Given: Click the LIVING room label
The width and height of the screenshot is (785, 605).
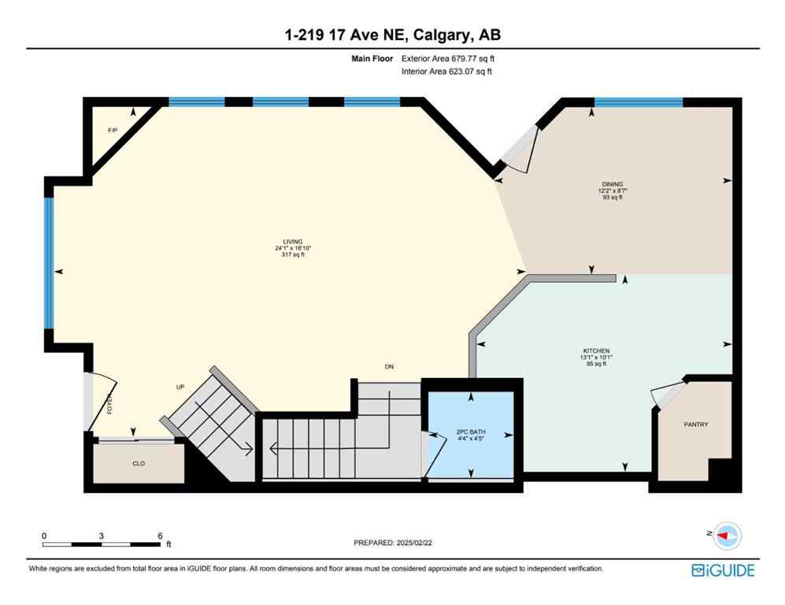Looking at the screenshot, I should pos(293,242).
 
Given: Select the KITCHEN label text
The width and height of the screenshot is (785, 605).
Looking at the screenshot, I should pos(596,351).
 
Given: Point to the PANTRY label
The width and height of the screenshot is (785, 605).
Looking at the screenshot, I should pos(695,425).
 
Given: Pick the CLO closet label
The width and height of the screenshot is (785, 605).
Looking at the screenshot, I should pos(139,464).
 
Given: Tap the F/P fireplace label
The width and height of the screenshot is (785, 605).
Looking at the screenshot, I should pos(113,130).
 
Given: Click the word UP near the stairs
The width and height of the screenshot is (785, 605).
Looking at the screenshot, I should pos(180,388).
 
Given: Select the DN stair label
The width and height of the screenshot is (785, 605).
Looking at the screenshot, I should pos(388,367).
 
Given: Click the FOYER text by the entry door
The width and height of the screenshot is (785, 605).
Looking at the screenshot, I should pos(110,404).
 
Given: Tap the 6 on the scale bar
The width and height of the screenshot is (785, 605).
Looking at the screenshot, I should pos(160,536).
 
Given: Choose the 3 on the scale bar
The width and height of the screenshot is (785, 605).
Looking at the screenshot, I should pos(102,536).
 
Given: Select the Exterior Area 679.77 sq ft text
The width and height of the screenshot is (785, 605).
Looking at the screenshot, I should pos(448,58).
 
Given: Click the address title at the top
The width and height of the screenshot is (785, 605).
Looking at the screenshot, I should pos(392,35).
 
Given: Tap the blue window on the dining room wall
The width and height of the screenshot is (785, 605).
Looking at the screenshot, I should pos(638,102).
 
